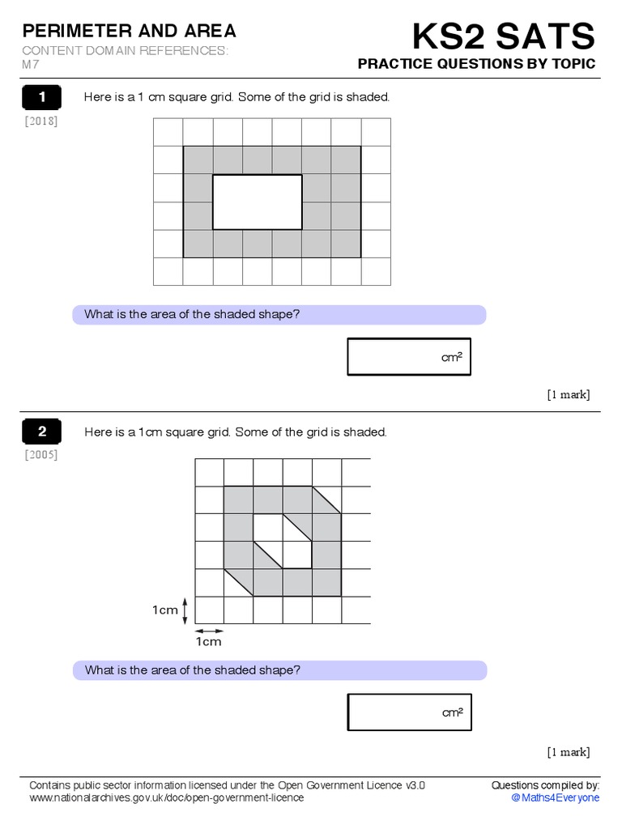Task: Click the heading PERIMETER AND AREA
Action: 130,32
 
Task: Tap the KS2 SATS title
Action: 503,36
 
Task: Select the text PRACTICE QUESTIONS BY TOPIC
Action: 476,64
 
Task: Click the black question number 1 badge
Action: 43,98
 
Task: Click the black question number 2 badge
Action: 43,432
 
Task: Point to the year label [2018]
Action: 41,121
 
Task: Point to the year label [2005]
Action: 41,455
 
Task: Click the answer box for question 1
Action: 408,357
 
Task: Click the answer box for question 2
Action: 409,712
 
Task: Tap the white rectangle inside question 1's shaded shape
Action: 257,202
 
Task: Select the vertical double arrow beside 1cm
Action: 186,610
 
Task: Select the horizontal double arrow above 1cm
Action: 209,630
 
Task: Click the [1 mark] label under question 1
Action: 568,395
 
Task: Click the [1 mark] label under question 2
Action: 568,752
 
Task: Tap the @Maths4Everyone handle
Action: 556,798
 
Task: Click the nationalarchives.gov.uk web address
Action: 166,798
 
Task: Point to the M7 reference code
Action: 31,65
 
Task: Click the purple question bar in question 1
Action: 279,315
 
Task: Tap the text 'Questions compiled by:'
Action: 545,785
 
